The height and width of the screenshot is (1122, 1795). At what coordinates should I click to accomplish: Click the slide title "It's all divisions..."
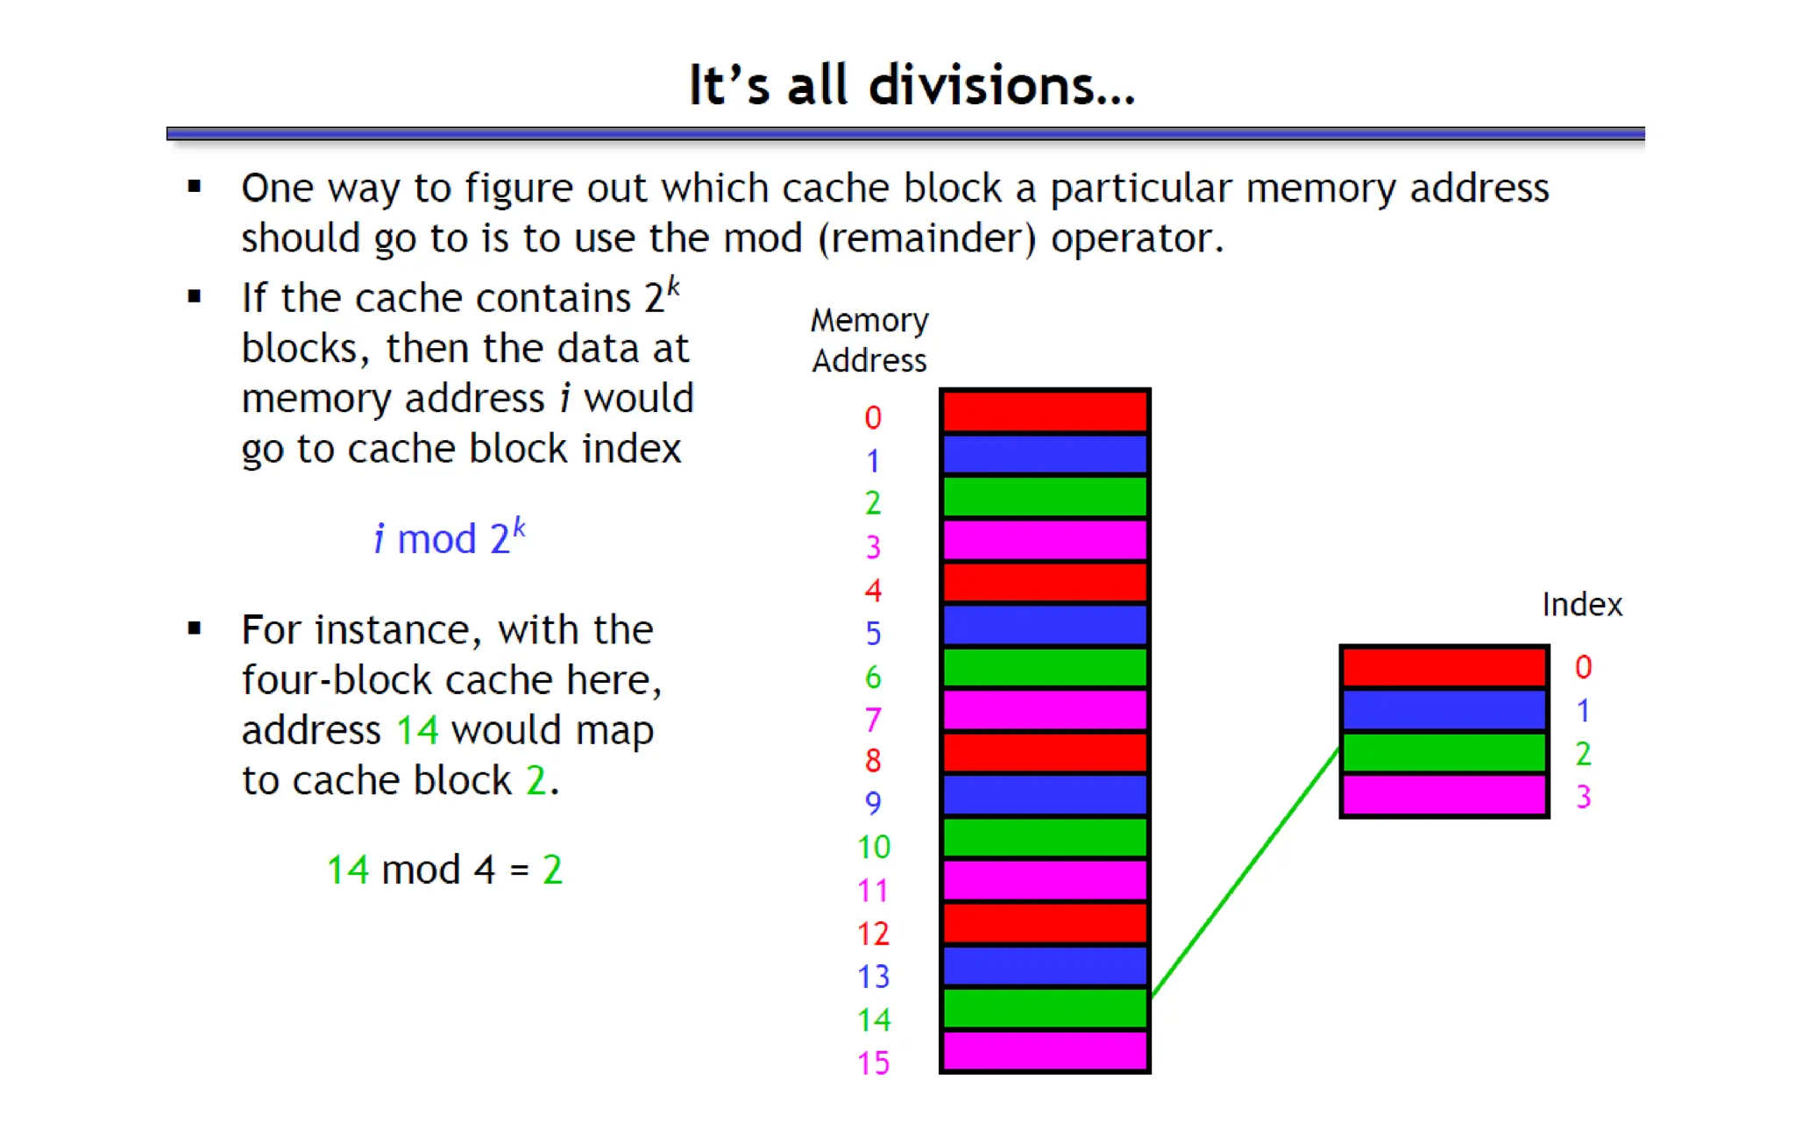pos(911,85)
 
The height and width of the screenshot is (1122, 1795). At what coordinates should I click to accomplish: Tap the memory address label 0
pos(872,418)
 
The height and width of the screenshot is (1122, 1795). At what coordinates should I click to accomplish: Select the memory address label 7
pos(872,721)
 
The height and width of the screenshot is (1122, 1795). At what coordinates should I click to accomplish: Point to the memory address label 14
pos(874,1020)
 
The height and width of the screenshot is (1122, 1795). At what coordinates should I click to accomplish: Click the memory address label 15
pos(874,1063)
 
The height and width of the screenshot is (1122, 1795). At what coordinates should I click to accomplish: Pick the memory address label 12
pos(874,934)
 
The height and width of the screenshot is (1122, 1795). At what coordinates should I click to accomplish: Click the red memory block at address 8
pos(1045,753)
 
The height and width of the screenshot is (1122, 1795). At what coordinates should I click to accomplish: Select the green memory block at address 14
pos(1045,1008)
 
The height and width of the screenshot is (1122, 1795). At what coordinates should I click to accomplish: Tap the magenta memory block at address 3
pos(1045,540)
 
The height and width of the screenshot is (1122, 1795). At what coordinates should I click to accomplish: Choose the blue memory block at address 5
pos(1045,625)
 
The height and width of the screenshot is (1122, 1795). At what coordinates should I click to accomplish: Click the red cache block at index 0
pos(1444,668)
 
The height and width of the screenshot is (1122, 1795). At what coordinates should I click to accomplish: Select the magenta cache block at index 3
pos(1444,795)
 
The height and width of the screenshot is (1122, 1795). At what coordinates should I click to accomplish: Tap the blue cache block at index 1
pos(1444,711)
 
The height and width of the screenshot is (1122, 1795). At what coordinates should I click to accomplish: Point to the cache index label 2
pos(1583,754)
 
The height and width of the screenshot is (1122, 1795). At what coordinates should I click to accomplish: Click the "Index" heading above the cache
pos(1582,605)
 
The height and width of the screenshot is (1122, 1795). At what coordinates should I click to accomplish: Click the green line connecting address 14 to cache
pos(1245,872)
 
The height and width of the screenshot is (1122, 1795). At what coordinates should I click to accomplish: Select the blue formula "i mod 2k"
pos(449,538)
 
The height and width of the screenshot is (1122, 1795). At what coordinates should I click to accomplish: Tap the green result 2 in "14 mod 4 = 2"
pos(552,870)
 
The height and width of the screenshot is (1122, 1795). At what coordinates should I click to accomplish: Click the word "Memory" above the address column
pos(869,321)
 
